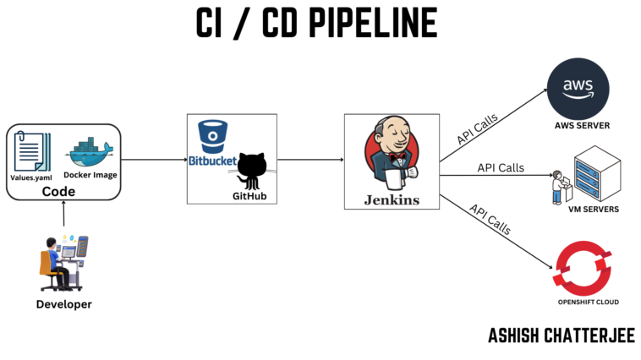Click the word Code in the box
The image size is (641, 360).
[59, 192]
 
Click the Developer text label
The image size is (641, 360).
[63, 304]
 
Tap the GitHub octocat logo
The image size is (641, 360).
[252, 169]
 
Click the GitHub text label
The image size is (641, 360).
[249, 195]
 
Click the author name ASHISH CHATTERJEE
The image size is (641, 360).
[561, 335]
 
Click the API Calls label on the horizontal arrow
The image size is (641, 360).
[501, 167]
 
